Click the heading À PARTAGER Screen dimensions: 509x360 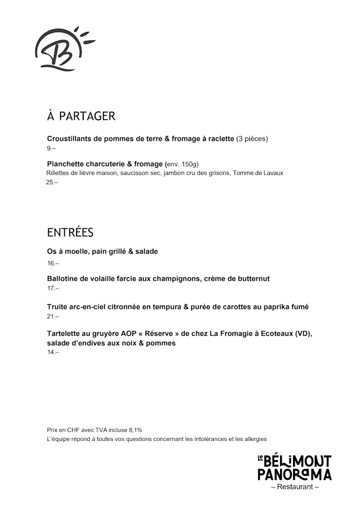point(81,116)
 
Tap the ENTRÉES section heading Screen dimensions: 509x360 point(70,233)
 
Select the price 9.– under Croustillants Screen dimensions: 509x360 point(51,148)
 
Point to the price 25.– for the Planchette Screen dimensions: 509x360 point(52,182)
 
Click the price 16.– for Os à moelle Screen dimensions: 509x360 point(53,263)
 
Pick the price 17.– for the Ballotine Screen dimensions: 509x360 point(53,288)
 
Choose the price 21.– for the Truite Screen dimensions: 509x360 point(53,317)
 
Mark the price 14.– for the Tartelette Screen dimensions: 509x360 point(53,352)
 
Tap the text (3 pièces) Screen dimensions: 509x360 point(252,138)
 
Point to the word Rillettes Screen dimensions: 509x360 point(59,173)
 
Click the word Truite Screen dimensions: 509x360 point(57,307)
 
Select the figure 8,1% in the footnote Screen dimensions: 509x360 point(134,430)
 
